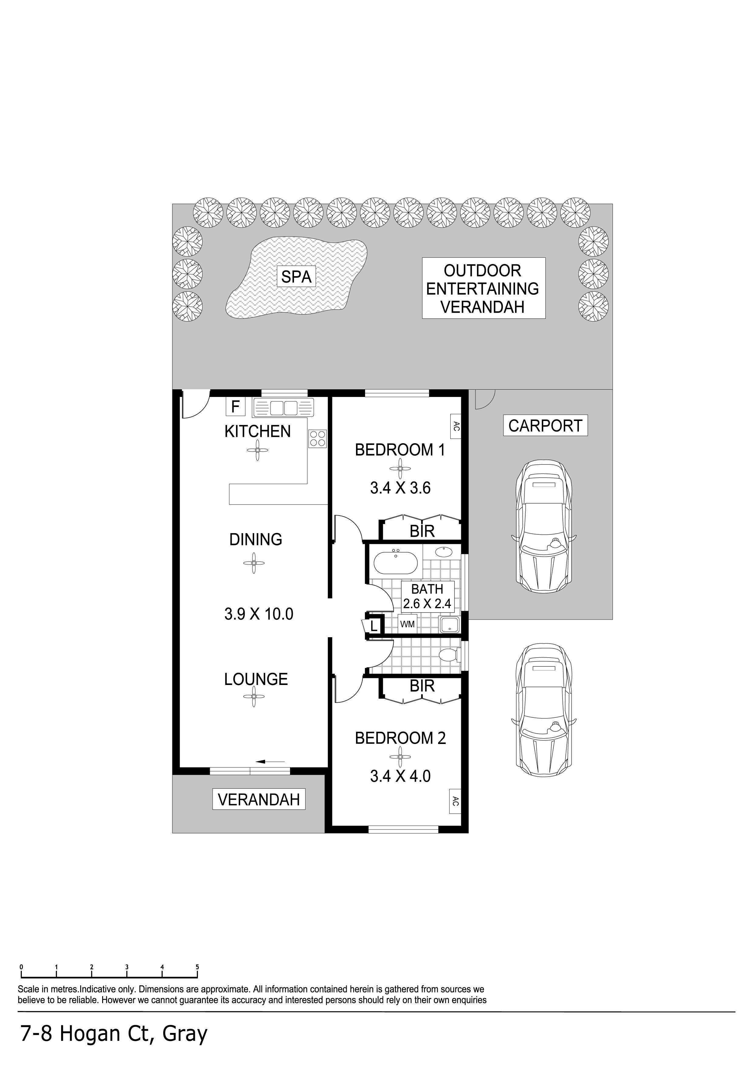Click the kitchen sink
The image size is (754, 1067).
click(283, 408)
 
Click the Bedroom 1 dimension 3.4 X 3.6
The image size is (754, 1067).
click(400, 488)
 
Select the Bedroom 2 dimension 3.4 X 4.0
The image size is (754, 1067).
click(400, 776)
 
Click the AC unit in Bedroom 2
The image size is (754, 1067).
click(455, 801)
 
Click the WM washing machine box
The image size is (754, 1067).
click(407, 624)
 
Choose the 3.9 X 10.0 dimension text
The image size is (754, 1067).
click(259, 614)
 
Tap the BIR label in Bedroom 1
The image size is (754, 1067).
click(422, 531)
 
